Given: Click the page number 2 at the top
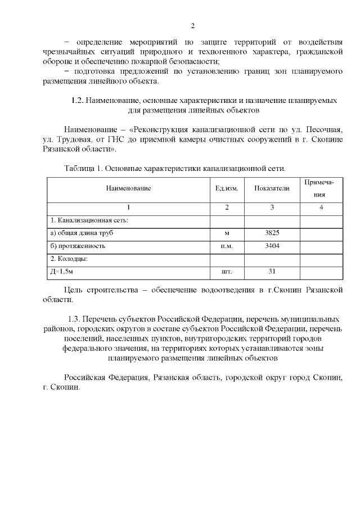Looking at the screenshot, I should (192, 25).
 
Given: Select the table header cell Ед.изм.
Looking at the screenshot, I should (227, 188).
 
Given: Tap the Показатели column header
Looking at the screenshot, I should (272, 188).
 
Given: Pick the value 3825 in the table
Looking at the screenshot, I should (272, 232).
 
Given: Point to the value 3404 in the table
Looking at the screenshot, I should (272, 246).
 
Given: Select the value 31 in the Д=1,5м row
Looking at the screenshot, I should (272, 272).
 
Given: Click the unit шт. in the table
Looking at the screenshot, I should (227, 272).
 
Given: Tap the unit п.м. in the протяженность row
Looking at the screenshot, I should (227, 246).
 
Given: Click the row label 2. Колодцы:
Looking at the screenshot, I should (70, 259).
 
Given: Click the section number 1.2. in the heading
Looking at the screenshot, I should (77, 100).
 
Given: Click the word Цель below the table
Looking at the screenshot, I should (74, 290).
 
